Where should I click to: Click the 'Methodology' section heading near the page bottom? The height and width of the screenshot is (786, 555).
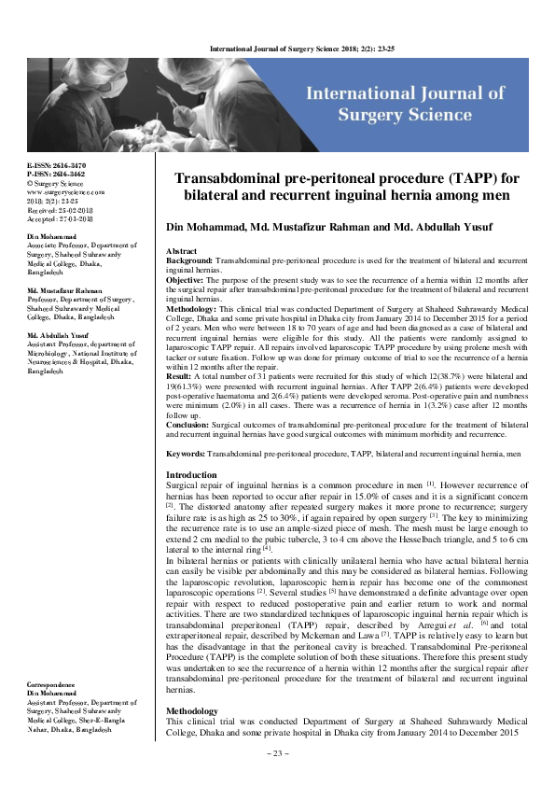pos(191,737)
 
